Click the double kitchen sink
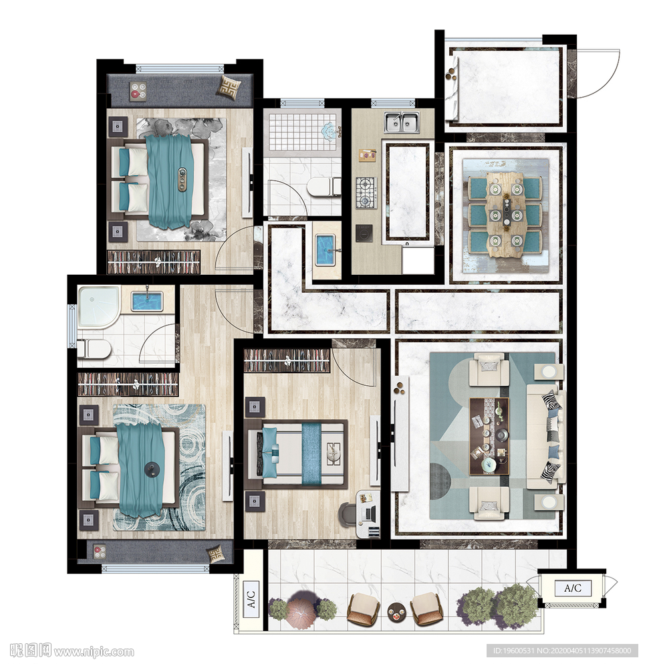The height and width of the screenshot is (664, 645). (x=402, y=122)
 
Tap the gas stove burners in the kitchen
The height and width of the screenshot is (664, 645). (x=366, y=193)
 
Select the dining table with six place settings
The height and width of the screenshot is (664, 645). (x=505, y=215)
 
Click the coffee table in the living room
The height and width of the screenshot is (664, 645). (x=489, y=436)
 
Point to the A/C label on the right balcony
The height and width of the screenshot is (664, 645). (x=573, y=588)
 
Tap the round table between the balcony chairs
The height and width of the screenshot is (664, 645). (x=396, y=613)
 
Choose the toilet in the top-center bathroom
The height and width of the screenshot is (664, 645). (x=324, y=187)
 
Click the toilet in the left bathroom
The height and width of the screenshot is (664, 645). (x=94, y=349)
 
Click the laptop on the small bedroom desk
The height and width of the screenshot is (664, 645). (x=370, y=514)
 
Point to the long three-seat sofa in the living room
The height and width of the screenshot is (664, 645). (x=546, y=436)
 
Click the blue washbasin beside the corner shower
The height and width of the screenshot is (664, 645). (x=147, y=301)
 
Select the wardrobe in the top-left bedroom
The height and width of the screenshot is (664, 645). (x=153, y=262)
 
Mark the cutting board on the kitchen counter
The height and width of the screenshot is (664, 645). (x=368, y=155)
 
